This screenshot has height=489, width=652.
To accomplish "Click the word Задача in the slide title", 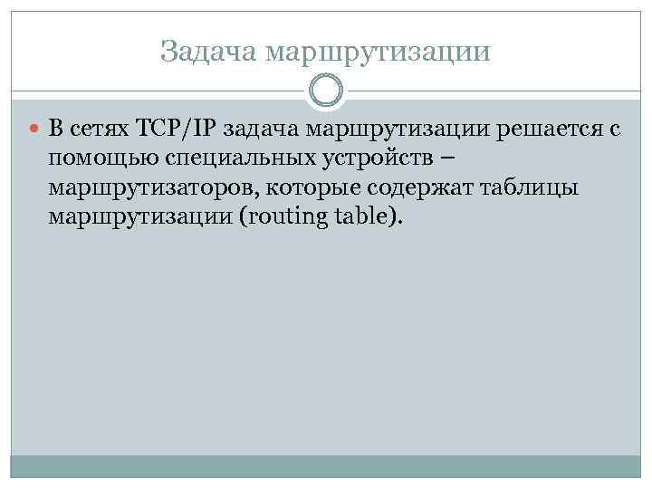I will (208, 52).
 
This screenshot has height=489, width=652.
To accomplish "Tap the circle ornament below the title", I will (326, 91).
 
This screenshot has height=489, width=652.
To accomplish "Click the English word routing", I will (276, 218).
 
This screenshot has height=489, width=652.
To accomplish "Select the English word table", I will (363, 218).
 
